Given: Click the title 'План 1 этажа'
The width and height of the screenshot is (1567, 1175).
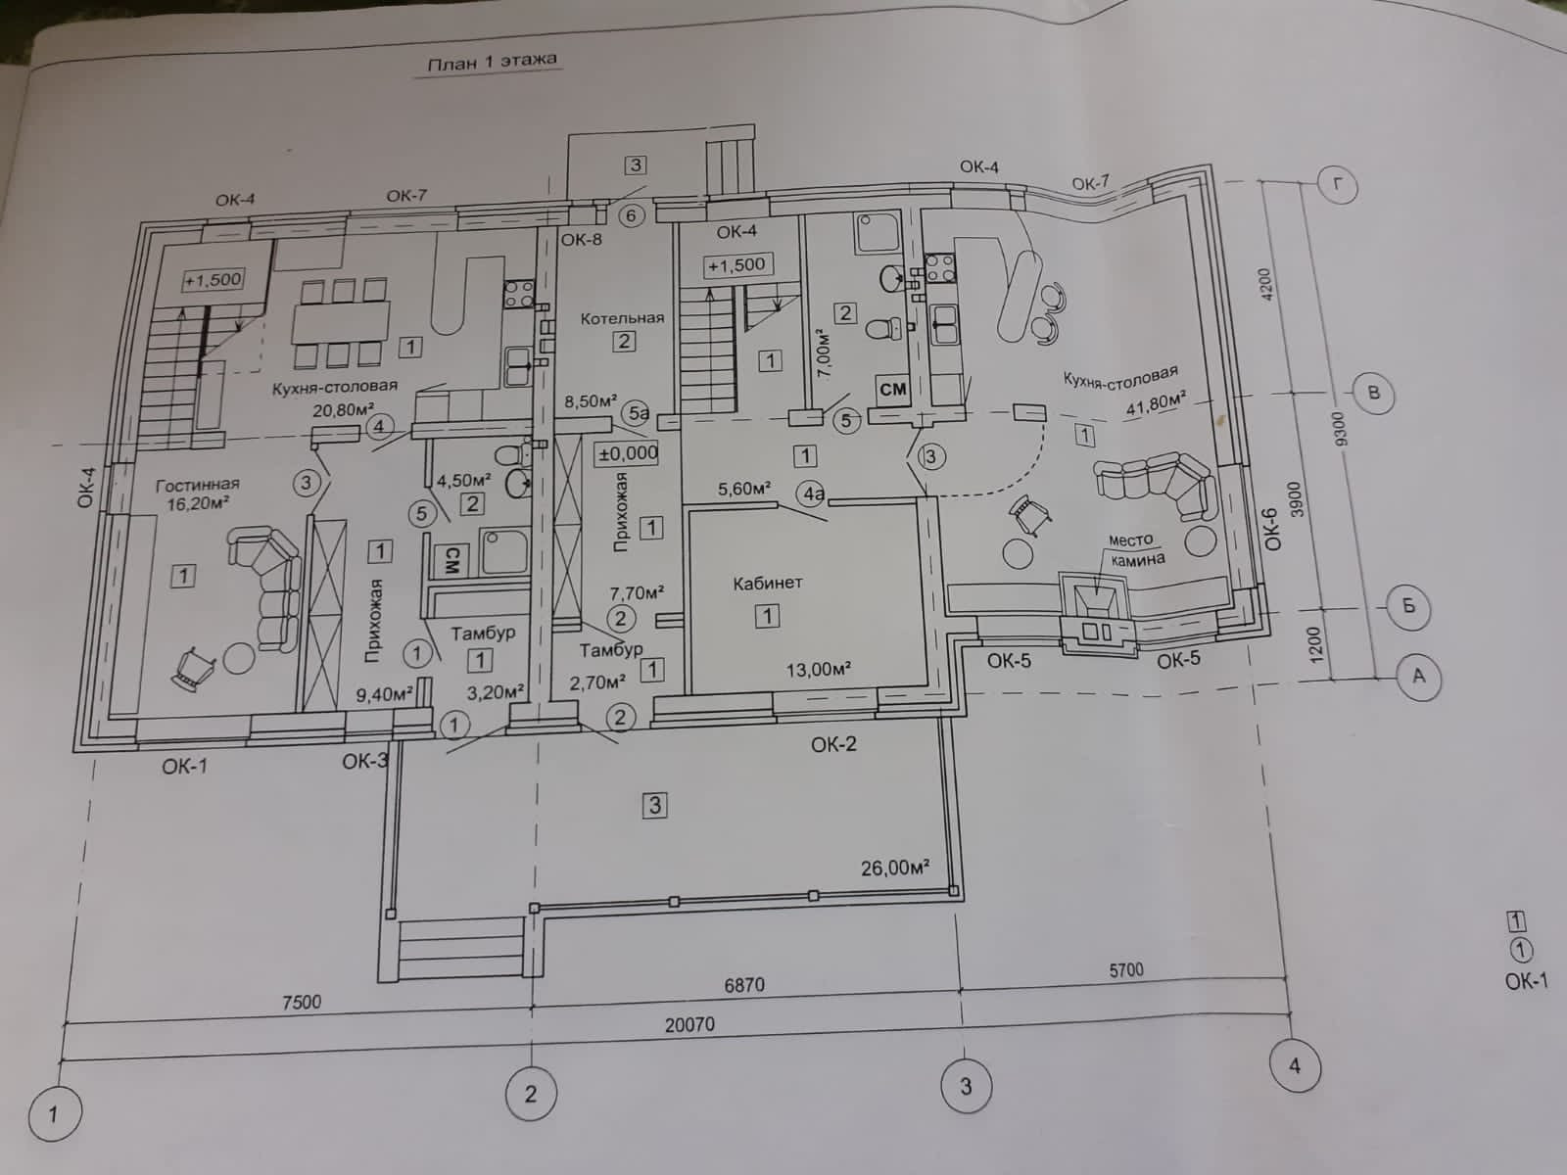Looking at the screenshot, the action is point(492,63).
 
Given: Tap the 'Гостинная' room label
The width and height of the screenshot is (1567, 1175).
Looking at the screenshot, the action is point(197,484).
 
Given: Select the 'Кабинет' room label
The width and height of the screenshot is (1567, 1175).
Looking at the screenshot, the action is point(768,583).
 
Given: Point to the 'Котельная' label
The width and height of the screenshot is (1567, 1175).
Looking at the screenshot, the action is point(622,318).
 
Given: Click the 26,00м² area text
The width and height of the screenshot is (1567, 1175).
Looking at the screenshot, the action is point(894,868).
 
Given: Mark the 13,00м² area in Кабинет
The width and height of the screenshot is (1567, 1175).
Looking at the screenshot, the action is point(818,670).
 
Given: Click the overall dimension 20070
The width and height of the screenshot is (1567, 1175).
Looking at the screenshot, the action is point(689,1025).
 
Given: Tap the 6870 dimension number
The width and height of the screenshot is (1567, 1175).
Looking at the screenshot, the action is point(744,984).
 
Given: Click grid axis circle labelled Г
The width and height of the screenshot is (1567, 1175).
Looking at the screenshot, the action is point(1336,183).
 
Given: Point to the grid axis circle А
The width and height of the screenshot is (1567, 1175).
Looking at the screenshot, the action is point(1418,676).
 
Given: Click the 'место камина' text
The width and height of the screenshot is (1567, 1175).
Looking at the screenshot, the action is point(1135,550).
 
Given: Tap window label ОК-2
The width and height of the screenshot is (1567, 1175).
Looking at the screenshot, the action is point(833,744).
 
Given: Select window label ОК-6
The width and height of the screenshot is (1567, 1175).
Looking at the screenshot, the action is point(1271,530).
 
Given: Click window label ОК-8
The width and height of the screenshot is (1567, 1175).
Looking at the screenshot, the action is point(582,239).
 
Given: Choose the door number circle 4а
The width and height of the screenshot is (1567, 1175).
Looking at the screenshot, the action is point(813,494).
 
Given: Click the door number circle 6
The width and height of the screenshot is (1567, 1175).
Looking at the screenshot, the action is point(631,215).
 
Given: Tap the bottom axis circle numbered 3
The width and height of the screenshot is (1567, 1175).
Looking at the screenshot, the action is point(966,1086).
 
